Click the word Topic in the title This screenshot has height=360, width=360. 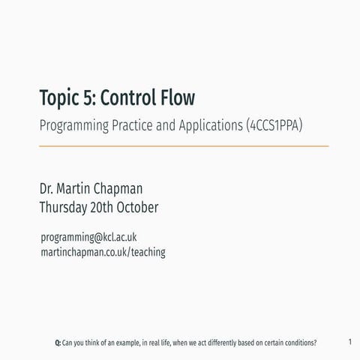[x=58, y=98]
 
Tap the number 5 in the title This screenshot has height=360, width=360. [x=88, y=98]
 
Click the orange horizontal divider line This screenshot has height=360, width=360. [x=183, y=145]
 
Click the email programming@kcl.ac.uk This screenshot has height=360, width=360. [x=88, y=238]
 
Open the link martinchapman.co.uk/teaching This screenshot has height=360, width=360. [x=103, y=253]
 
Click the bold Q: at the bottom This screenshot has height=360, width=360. [x=58, y=343]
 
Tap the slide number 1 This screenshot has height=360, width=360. [x=350, y=342]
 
